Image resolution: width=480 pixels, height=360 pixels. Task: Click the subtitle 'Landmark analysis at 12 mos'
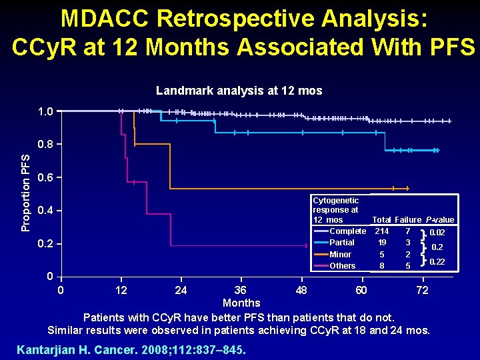[239, 91]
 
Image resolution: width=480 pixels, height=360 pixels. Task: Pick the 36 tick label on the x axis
[240, 290]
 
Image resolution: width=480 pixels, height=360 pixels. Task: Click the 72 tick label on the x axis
[421, 290]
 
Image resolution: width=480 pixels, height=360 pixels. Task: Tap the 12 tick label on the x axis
[121, 290]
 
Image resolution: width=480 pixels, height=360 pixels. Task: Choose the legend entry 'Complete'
[347, 231]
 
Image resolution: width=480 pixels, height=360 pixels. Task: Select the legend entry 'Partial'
[342, 243]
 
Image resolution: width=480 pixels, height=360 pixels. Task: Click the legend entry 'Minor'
[341, 255]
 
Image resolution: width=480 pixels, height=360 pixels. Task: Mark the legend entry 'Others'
[343, 266]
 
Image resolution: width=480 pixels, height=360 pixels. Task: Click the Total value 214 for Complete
[381, 231]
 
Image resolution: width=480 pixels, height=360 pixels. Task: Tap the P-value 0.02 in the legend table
[437, 233]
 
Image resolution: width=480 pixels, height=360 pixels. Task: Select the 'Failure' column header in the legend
[407, 220]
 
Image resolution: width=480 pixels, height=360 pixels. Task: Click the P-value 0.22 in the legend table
[437, 262]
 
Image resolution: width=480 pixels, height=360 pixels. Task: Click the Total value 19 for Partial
[381, 243]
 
